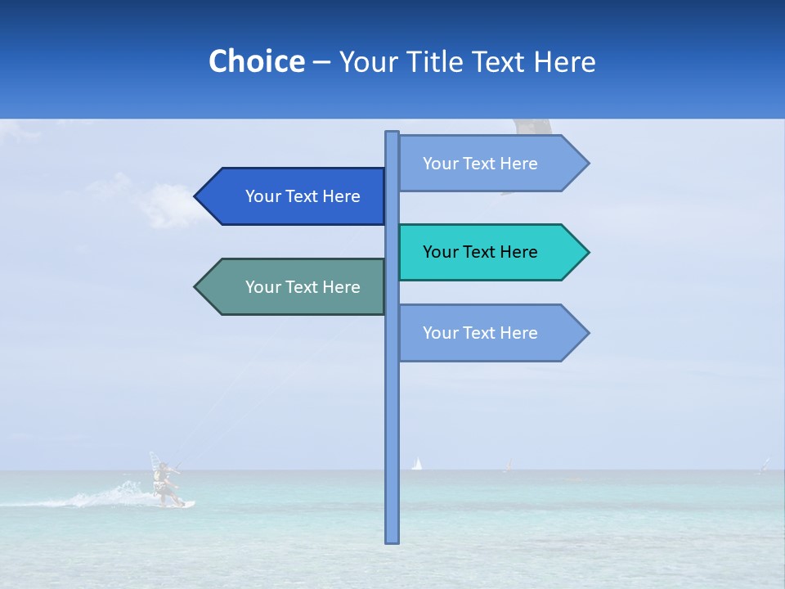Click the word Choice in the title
tap(256, 61)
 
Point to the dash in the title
tap(321, 63)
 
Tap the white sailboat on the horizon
tap(417, 464)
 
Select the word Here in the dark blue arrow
tap(341, 196)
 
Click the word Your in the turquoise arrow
tap(440, 252)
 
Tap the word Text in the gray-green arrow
tap(302, 287)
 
